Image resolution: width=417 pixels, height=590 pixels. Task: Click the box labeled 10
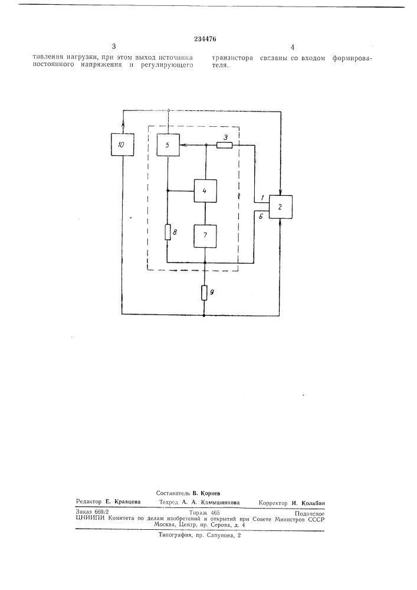click(x=123, y=145)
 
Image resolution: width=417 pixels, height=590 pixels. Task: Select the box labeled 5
click(x=168, y=145)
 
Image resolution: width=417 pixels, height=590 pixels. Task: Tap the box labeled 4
click(x=205, y=191)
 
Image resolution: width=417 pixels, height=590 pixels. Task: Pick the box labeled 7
click(x=205, y=236)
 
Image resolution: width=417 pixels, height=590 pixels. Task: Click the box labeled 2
click(x=280, y=207)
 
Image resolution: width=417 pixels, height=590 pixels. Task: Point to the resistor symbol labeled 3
click(x=225, y=145)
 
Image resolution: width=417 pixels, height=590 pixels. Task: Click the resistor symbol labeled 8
click(x=168, y=232)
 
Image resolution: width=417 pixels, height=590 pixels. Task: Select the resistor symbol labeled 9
click(x=204, y=293)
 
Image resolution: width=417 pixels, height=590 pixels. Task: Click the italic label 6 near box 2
click(x=261, y=217)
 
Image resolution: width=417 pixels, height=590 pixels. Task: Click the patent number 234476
click(x=205, y=39)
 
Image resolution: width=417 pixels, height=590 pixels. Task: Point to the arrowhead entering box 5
click(x=182, y=145)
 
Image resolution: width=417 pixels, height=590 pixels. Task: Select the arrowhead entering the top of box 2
click(x=280, y=192)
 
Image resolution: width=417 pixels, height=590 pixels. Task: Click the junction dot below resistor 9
click(x=204, y=314)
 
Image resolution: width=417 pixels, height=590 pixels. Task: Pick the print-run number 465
click(x=215, y=513)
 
